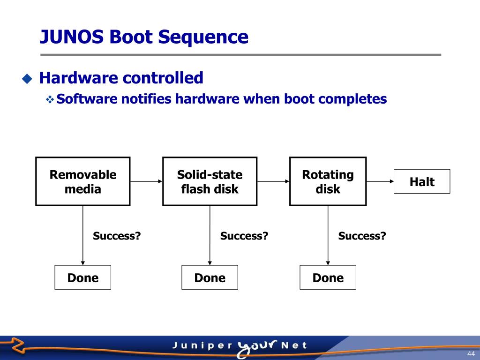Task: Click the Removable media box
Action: tap(83, 181)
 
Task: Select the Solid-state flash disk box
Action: tap(210, 181)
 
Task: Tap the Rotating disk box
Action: tap(328, 181)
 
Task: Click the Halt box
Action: tap(422, 181)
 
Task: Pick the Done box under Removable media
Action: tap(83, 277)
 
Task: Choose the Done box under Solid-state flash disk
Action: tap(210, 277)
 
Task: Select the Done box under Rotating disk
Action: tap(328, 277)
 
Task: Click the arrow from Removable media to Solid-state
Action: tap(146, 181)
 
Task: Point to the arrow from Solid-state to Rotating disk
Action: tap(273, 181)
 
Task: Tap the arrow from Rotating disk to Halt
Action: tap(380, 181)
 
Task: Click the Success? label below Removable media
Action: tap(117, 236)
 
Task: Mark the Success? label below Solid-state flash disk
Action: tap(244, 236)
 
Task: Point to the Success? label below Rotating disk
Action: tap(362, 236)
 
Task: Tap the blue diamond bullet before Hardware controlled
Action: tap(28, 78)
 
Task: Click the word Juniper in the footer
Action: tap(202, 346)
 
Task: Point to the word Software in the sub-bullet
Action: tap(87, 99)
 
